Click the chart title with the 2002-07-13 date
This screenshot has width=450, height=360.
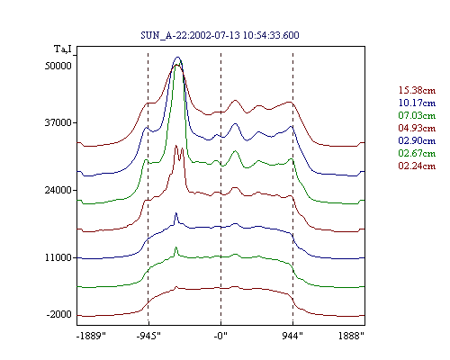click(220, 35)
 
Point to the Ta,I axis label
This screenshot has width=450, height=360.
click(63, 49)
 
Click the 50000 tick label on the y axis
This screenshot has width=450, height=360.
click(58, 66)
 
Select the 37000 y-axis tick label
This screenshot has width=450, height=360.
click(58, 122)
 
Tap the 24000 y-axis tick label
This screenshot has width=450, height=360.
click(58, 190)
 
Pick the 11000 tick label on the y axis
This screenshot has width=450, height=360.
click(58, 257)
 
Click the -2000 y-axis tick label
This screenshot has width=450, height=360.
click(58, 314)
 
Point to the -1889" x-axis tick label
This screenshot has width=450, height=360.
click(91, 336)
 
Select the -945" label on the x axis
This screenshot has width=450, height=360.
click(148, 336)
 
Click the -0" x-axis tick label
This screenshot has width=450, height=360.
click(220, 336)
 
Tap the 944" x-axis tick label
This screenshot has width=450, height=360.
click(292, 336)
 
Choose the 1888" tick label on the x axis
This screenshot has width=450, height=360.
click(351, 336)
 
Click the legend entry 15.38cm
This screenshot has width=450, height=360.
click(417, 90)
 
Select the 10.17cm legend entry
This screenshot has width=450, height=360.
click(417, 103)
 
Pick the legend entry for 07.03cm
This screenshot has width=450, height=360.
click(417, 115)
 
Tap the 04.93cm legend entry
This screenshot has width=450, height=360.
click(417, 128)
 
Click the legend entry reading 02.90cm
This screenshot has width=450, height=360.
click(417, 140)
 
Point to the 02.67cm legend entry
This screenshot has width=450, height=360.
click(417, 153)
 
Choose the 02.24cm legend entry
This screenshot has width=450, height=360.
click(417, 166)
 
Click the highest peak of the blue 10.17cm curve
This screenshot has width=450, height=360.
click(178, 57)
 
